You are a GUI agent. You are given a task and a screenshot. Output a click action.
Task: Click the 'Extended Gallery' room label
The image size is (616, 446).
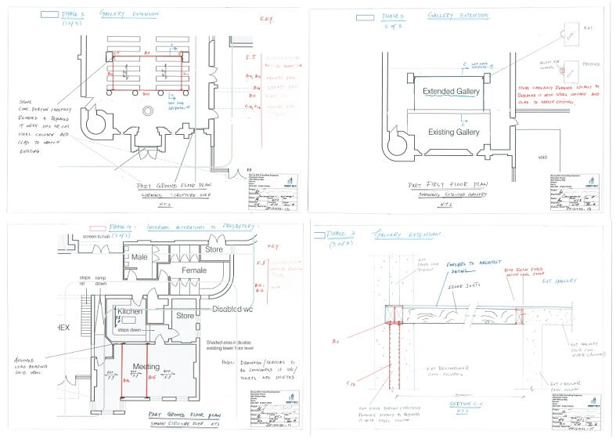[451, 92]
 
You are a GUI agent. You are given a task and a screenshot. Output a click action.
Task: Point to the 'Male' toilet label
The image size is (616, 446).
[140, 256]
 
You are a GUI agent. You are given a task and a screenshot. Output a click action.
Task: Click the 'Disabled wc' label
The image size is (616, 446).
[236, 310]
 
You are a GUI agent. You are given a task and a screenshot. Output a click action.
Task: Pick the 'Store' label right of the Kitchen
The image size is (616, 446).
[185, 317]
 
